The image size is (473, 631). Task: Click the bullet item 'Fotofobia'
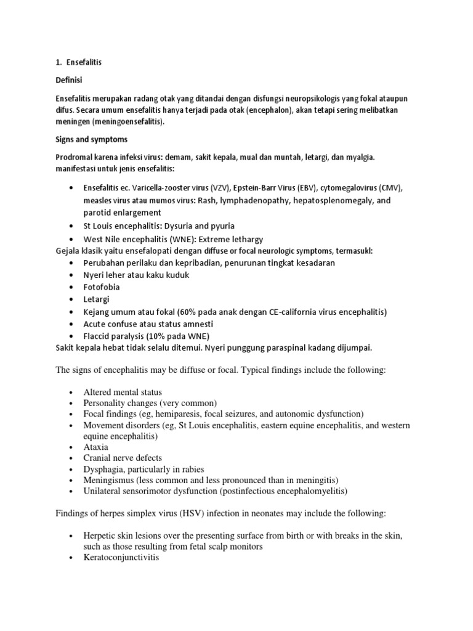(102, 287)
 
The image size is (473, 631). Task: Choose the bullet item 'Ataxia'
(96, 447)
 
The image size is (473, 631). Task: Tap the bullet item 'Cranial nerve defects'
(123, 458)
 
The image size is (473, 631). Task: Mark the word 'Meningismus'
(108, 480)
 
